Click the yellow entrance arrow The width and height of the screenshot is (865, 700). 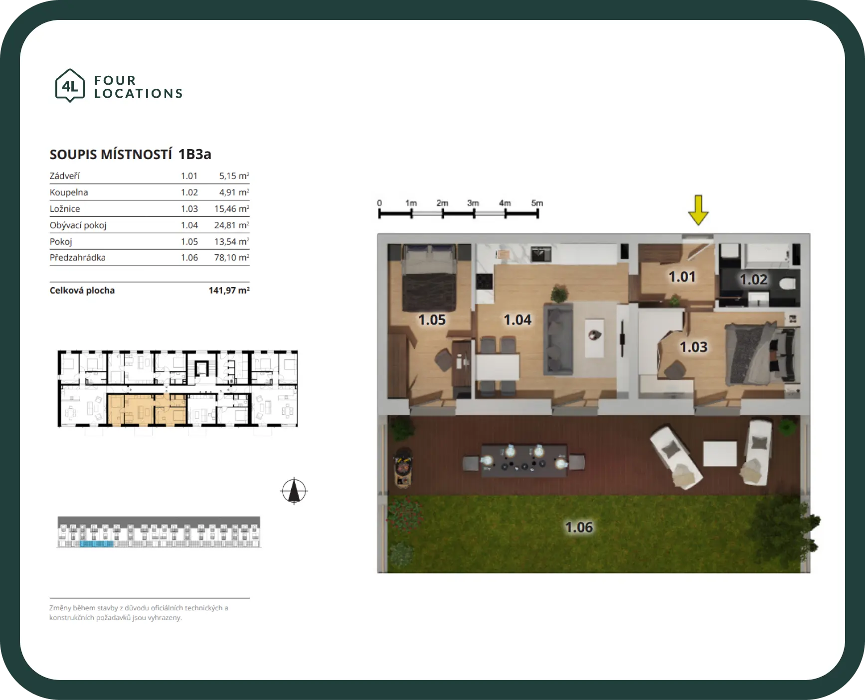tap(698, 210)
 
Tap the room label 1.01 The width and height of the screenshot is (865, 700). tap(682, 277)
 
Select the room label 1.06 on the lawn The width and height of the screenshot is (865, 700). tap(579, 527)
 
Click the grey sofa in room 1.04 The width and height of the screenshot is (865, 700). tap(557, 339)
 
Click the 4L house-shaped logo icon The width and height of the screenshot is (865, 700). tap(70, 86)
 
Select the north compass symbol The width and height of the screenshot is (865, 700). tap(294, 491)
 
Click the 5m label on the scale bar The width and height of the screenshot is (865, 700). tap(537, 203)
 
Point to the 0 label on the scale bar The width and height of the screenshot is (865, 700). tap(379, 203)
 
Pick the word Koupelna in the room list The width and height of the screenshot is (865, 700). tap(69, 192)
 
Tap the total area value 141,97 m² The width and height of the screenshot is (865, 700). tap(229, 290)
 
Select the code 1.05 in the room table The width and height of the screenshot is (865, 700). tap(189, 241)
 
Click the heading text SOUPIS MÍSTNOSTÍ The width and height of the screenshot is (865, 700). tap(111, 155)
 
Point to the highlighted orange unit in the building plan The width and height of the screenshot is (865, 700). tap(147, 410)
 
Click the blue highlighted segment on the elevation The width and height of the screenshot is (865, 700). tap(97, 543)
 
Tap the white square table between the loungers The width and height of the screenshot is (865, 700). tap(719, 454)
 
